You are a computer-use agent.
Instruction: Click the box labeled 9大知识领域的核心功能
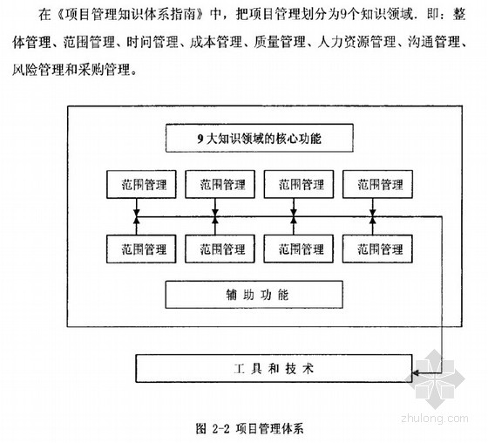(x=260, y=138)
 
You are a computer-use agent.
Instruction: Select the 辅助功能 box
(x=254, y=295)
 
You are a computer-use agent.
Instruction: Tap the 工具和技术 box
(x=274, y=369)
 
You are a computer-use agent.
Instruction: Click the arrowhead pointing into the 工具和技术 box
(x=415, y=372)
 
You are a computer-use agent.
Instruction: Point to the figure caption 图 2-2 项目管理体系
(x=249, y=429)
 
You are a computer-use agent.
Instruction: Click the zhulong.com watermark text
(x=435, y=419)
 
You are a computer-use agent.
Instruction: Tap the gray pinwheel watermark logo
(x=435, y=378)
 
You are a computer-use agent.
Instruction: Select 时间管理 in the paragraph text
(x=152, y=42)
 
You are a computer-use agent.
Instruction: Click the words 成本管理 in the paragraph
(x=216, y=42)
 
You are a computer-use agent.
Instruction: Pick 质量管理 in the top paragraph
(x=280, y=42)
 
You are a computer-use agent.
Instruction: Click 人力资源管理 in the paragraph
(x=356, y=42)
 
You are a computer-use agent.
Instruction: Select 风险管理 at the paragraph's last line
(x=38, y=70)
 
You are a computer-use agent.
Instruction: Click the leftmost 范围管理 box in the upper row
(x=141, y=184)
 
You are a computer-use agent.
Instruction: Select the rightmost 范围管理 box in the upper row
(x=377, y=184)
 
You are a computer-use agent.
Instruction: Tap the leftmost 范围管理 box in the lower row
(x=141, y=249)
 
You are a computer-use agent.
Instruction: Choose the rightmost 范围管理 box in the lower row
(x=377, y=249)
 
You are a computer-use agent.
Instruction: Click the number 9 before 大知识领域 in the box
(x=200, y=139)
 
